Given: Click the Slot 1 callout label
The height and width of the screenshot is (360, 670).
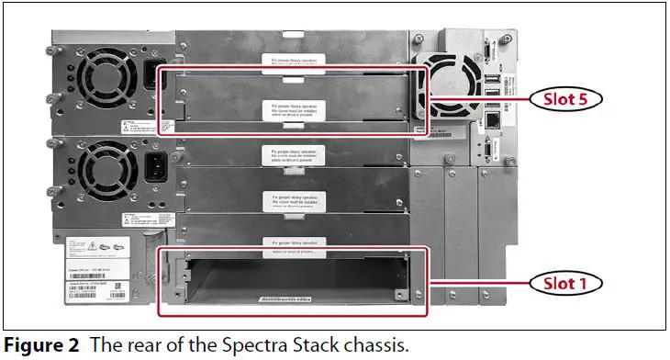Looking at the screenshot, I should click(569, 282).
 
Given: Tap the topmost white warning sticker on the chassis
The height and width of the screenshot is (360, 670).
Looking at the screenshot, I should click(291, 62).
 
